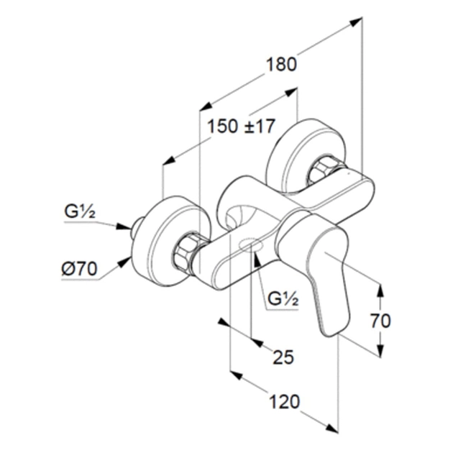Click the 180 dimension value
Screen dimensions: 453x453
click(280, 65)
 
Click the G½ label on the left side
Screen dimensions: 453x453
click(79, 213)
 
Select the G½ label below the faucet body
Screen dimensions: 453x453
click(283, 298)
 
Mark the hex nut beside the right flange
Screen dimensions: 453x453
click(321, 171)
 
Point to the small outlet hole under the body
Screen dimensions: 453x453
click(251, 247)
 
